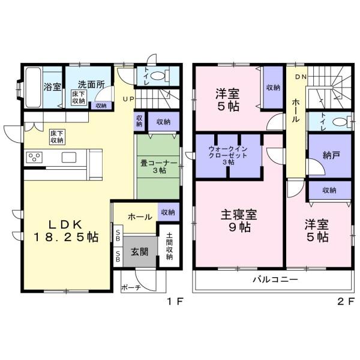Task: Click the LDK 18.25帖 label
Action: (x=66, y=231)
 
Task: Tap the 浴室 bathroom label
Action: (x=52, y=87)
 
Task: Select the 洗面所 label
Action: (x=91, y=85)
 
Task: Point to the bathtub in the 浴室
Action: (x=33, y=87)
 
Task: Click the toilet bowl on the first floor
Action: (x=158, y=76)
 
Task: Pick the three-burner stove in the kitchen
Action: (x=34, y=157)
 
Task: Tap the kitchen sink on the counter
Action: (x=69, y=157)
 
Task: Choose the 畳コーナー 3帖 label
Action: (x=158, y=167)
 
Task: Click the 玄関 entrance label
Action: (x=140, y=252)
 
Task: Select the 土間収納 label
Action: (x=169, y=246)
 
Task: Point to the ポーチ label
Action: (x=131, y=287)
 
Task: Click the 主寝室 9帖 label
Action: (x=239, y=221)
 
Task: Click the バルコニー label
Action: (x=275, y=279)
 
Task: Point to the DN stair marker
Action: (x=301, y=77)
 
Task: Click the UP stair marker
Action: (x=128, y=99)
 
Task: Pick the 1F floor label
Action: (x=175, y=301)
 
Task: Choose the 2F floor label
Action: (x=346, y=301)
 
